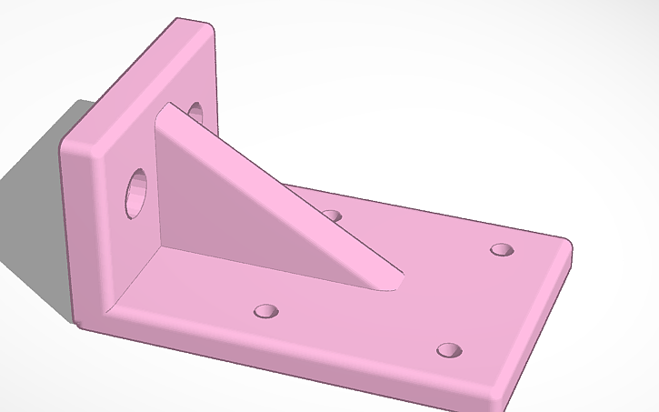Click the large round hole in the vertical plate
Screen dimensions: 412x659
tap(137, 192)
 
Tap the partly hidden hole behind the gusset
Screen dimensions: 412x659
tap(195, 114)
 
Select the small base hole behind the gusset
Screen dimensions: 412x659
tap(332, 216)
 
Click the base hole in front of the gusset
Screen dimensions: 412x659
tap(265, 311)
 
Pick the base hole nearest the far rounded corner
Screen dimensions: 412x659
tap(501, 249)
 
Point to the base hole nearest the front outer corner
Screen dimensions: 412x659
tap(449, 350)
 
